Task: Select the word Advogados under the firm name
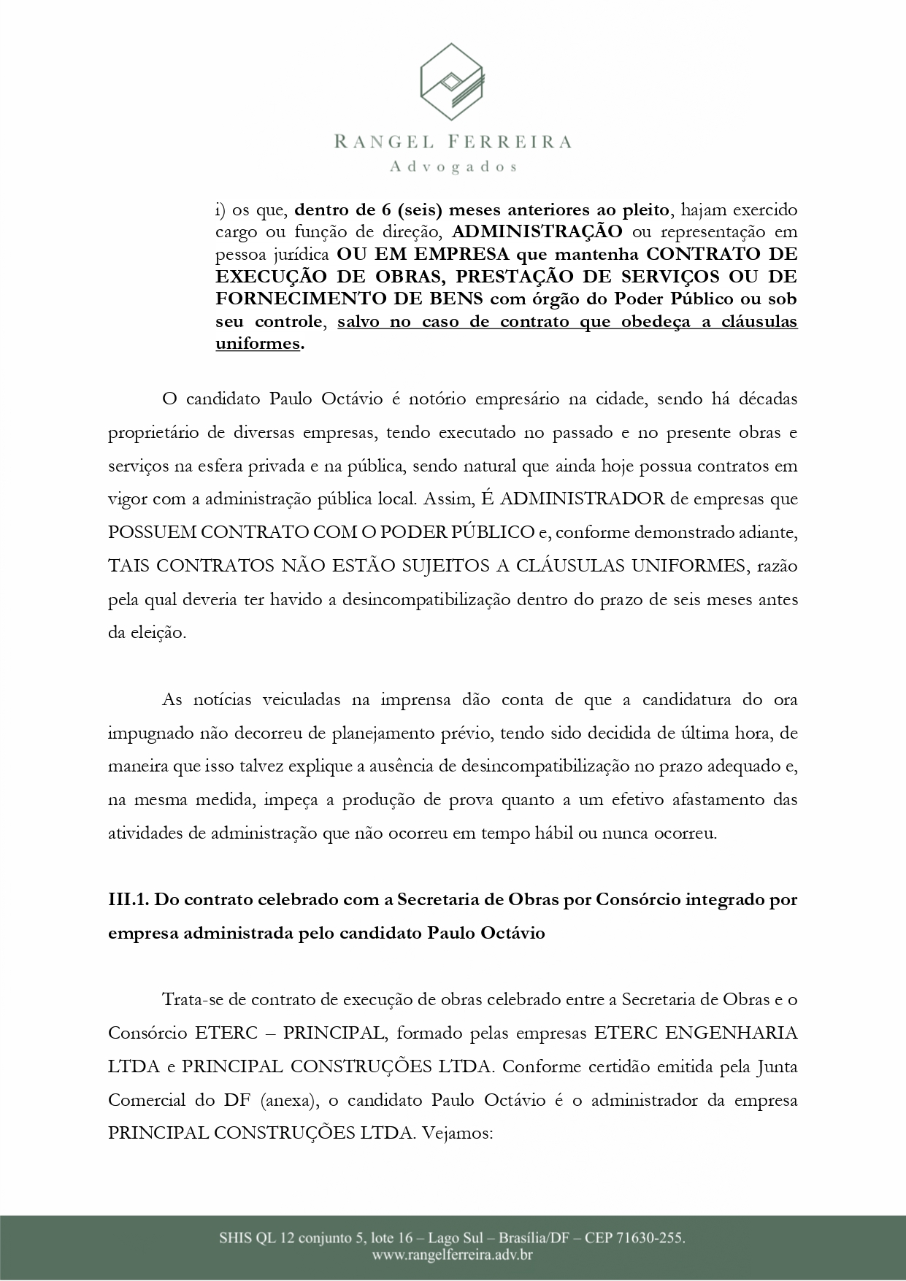tap(453, 167)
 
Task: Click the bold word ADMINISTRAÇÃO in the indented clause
tap(537, 232)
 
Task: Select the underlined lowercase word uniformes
tap(258, 344)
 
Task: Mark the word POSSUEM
tap(152, 532)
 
